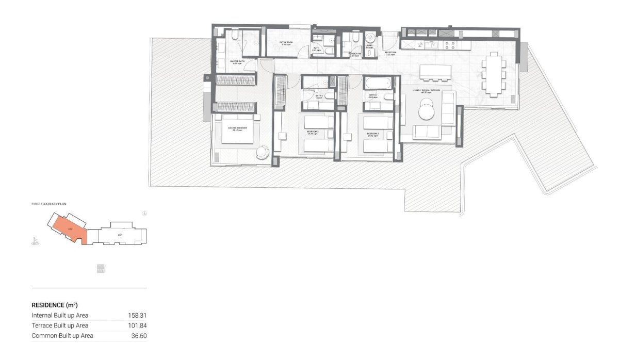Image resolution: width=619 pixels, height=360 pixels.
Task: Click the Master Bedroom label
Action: coord(237,128)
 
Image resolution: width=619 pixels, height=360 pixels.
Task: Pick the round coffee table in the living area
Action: coord(428,109)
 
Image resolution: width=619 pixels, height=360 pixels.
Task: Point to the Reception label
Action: coord(390,53)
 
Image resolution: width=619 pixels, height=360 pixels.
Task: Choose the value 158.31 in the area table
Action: coord(137,315)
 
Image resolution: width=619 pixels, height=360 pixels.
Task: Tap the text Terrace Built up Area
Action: coord(60,325)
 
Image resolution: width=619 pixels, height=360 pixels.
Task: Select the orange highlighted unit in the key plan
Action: coord(67,227)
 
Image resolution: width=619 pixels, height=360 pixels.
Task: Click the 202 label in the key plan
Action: coord(120,235)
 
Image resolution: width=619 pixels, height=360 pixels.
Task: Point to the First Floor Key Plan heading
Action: coord(49,204)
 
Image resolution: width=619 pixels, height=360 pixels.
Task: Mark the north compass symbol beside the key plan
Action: coord(145,212)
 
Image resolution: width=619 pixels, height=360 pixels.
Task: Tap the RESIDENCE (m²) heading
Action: coord(55,305)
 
